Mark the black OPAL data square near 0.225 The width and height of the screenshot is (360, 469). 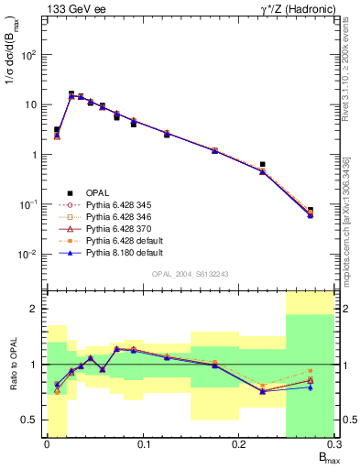(x=263, y=165)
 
